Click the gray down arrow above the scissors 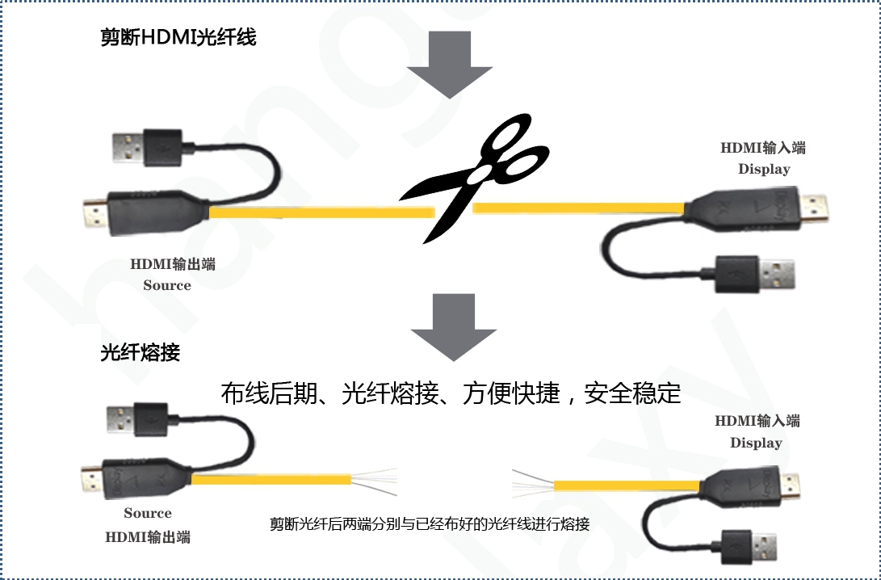coord(450,65)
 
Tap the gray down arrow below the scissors coord(454,327)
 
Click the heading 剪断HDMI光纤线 coord(178,37)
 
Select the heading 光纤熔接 coord(140,352)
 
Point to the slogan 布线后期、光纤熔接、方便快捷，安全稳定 coord(451,393)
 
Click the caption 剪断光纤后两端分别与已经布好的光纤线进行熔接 coord(430,523)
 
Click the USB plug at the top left coord(147,147)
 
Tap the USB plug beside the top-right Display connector coord(755,275)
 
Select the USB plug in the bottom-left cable coord(137,420)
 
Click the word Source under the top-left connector coord(167,285)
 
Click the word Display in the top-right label coord(764,169)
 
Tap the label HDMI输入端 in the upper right coord(763,148)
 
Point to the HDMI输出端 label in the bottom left coord(148,536)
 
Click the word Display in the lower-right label coord(757,443)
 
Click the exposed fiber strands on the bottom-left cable coord(374,481)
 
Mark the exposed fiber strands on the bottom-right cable coord(533,484)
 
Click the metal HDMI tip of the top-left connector coord(95,214)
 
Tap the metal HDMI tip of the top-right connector coord(814,208)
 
